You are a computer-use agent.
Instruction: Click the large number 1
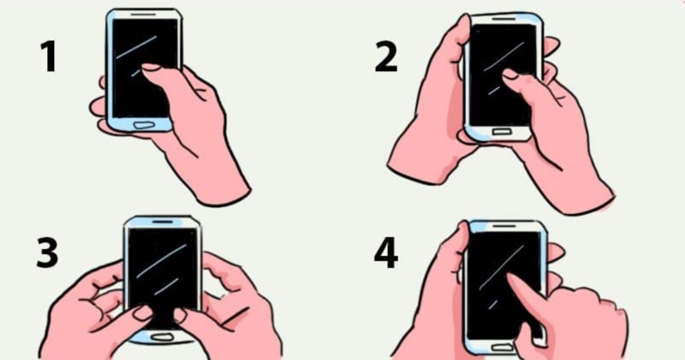[x=49, y=57]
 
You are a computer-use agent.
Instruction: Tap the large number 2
[x=386, y=57]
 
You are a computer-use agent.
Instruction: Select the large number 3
[x=47, y=253]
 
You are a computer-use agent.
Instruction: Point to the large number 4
[x=386, y=253]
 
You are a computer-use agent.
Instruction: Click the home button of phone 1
[x=144, y=125]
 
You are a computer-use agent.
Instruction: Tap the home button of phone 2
[x=501, y=131]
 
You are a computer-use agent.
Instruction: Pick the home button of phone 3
[x=161, y=338]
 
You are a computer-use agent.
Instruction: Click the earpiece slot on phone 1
[x=143, y=14]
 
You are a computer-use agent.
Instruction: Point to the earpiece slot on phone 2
[x=504, y=19]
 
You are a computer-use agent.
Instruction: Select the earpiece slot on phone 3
[x=162, y=222]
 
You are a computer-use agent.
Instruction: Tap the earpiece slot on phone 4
[x=504, y=226]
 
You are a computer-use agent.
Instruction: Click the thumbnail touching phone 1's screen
[x=151, y=67]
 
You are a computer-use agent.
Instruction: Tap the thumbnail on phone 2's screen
[x=510, y=74]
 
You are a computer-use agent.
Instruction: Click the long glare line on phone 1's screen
[x=136, y=47]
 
